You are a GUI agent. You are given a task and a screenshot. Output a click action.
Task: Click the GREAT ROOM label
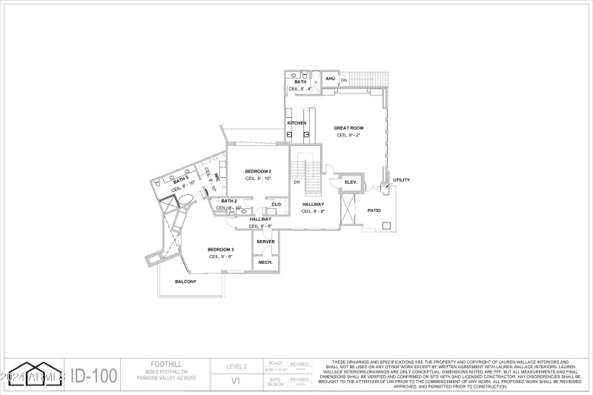348,128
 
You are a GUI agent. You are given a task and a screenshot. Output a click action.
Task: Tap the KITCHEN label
297,123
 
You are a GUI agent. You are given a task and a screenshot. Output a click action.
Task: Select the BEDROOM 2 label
258,171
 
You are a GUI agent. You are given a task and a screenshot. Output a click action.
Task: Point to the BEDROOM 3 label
221,249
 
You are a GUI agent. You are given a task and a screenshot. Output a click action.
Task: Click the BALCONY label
185,282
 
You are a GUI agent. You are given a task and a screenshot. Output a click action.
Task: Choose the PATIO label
374,210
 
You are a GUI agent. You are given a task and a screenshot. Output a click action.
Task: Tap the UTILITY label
401,180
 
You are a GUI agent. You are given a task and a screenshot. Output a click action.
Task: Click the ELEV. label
351,182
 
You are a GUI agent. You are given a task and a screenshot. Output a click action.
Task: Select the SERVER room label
265,242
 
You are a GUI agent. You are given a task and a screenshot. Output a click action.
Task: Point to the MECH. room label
265,262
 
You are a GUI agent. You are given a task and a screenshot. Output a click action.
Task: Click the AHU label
331,79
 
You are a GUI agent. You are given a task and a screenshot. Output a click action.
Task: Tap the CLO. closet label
276,204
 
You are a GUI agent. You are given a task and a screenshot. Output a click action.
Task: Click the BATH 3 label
181,180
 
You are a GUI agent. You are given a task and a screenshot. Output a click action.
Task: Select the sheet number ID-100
94,376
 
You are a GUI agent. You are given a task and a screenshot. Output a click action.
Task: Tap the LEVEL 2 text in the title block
240,365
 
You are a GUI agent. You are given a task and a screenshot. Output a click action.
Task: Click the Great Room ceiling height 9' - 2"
348,136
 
